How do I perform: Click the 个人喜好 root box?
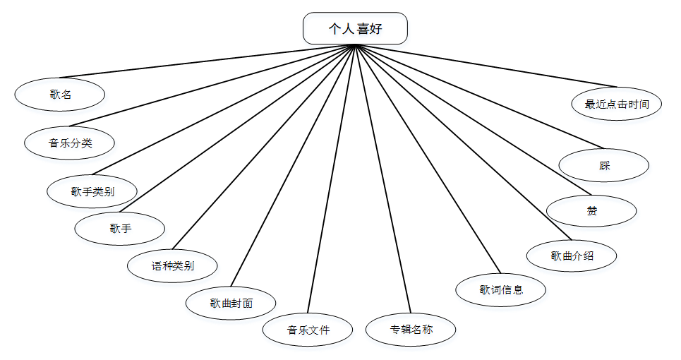point(355,28)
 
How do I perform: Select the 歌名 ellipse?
point(60,94)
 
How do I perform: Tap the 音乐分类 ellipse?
point(70,143)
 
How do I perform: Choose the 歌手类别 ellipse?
point(92,191)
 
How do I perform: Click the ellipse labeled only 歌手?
point(120,228)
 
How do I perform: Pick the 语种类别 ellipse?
point(173,266)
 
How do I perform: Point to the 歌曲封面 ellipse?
point(231,303)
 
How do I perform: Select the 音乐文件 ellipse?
point(308,330)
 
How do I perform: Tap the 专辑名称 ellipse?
point(411,329)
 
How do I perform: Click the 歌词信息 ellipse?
point(500,289)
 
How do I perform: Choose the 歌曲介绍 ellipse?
point(572,256)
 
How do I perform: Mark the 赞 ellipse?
point(591,210)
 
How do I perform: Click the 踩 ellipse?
point(603,166)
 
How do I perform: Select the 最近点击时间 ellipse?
point(617,104)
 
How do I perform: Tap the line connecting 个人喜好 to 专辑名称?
point(382,176)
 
